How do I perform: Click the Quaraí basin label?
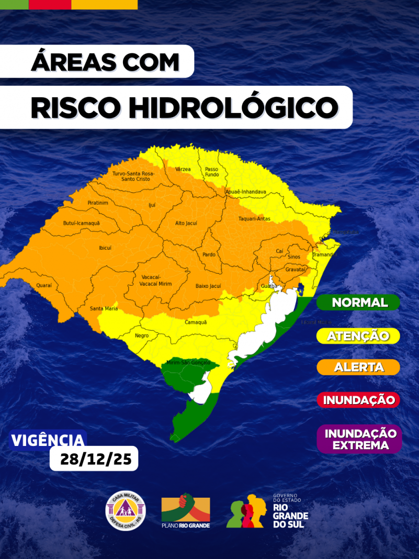point(44,285)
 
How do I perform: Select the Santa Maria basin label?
point(103,309)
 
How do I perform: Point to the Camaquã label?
point(196,322)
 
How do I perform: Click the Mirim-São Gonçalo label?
point(188,362)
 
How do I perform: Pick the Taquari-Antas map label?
point(254,219)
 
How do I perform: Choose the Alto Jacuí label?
point(186,223)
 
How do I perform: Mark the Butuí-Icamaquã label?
point(81,223)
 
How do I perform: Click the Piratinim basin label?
point(98,203)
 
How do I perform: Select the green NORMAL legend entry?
point(359,303)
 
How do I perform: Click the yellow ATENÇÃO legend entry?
point(359,336)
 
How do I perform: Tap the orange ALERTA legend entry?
point(359,367)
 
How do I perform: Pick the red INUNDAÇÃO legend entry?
point(359,400)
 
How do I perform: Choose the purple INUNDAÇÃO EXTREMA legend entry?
point(360,439)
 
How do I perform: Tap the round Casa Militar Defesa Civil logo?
point(126,509)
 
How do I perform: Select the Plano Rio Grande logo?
point(186,511)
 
